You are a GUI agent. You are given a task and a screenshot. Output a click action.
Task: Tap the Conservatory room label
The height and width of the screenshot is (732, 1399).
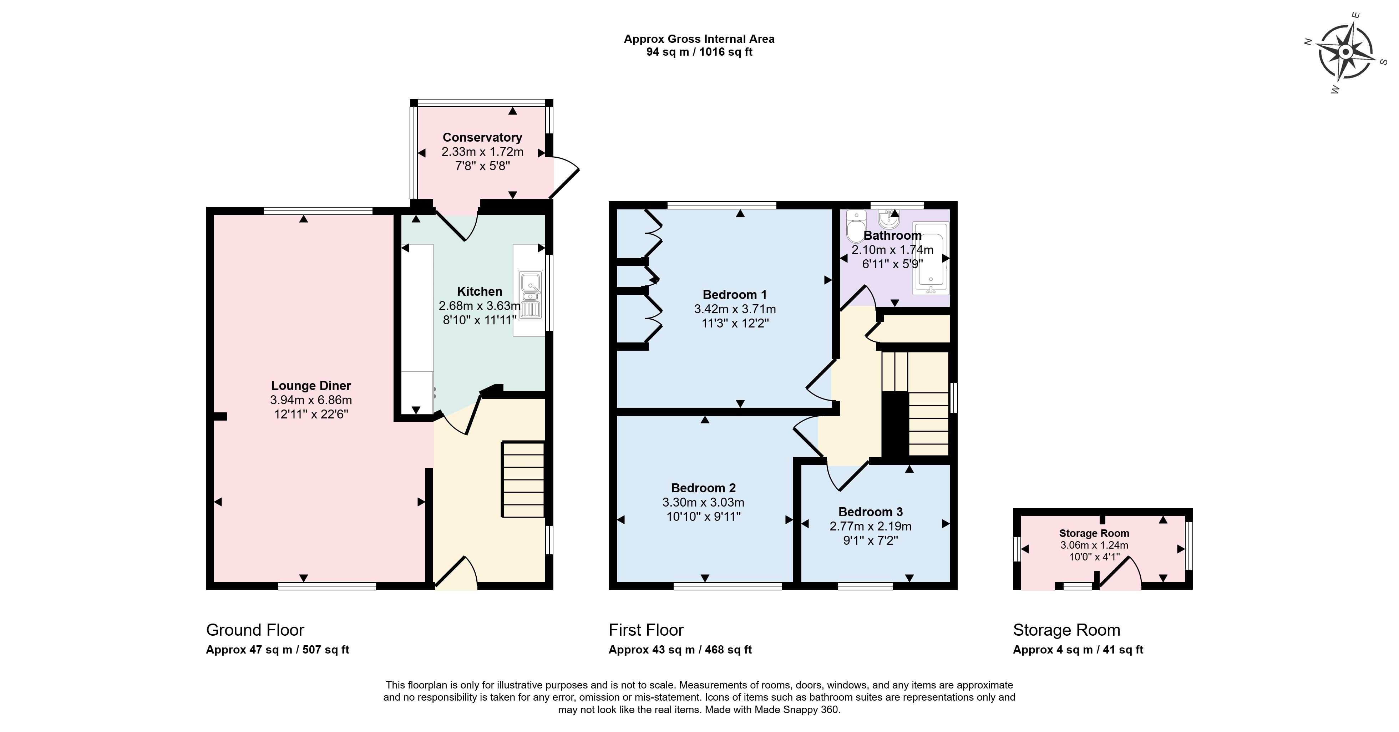point(482,137)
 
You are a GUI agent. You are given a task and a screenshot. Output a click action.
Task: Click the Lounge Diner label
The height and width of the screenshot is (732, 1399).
point(311,386)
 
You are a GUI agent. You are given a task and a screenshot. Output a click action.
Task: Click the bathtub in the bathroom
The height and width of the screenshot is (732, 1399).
point(931,258)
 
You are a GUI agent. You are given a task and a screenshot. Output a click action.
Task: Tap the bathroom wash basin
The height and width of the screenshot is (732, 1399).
point(888,218)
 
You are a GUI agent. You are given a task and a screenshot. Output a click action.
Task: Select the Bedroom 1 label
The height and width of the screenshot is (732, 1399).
point(735,295)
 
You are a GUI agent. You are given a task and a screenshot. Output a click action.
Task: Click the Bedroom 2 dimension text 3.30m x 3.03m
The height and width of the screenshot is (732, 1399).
point(703,502)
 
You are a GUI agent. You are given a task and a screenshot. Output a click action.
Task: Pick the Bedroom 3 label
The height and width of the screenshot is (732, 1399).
point(871,512)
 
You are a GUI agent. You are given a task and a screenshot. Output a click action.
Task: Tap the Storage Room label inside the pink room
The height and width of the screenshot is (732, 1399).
point(1094,533)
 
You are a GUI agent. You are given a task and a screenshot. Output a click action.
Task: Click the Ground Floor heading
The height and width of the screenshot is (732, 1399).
point(255,630)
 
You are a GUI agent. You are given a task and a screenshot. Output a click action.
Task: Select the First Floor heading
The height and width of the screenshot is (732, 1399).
point(646,630)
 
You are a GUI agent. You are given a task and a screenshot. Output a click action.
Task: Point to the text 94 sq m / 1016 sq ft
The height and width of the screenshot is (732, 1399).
point(699,52)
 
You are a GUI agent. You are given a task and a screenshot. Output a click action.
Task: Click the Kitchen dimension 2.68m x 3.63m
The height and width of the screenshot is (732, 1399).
point(480,306)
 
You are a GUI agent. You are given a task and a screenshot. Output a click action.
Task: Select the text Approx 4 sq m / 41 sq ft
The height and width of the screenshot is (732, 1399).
point(1078,650)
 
